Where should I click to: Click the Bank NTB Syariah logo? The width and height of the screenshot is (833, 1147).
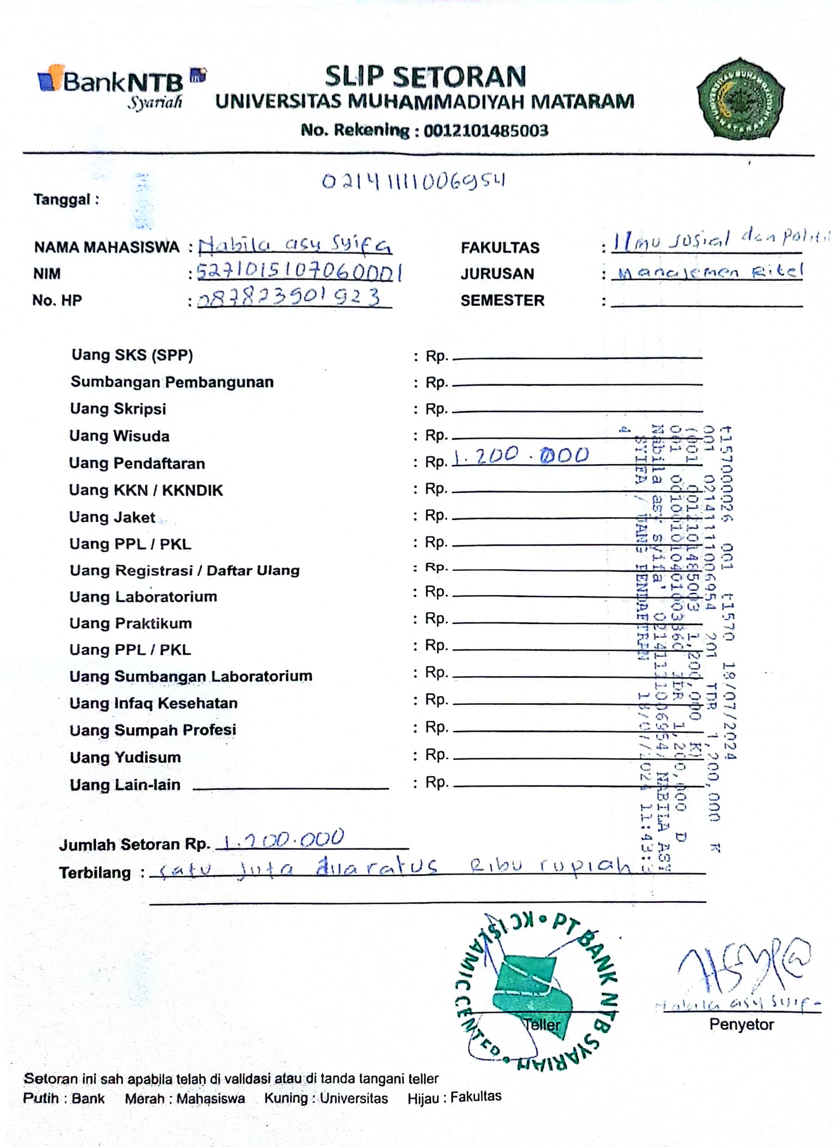pyautogui.click(x=122, y=86)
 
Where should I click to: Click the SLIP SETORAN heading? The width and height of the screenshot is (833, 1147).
pyautogui.click(x=425, y=77)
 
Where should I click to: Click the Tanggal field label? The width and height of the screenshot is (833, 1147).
pyautogui.click(x=66, y=200)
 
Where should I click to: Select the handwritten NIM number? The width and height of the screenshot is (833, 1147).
pyautogui.click(x=299, y=273)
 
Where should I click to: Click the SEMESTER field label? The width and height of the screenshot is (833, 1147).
pyautogui.click(x=502, y=301)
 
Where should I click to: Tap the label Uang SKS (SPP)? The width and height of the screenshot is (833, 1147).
pyautogui.click(x=132, y=355)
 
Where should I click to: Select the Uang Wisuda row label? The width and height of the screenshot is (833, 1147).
pyautogui.click(x=119, y=436)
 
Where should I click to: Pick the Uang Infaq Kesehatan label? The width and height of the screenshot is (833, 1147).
pyautogui.click(x=153, y=703)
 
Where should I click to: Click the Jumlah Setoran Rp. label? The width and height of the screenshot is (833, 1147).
pyautogui.click(x=135, y=845)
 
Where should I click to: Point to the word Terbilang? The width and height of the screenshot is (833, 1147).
pyautogui.click(x=94, y=873)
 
